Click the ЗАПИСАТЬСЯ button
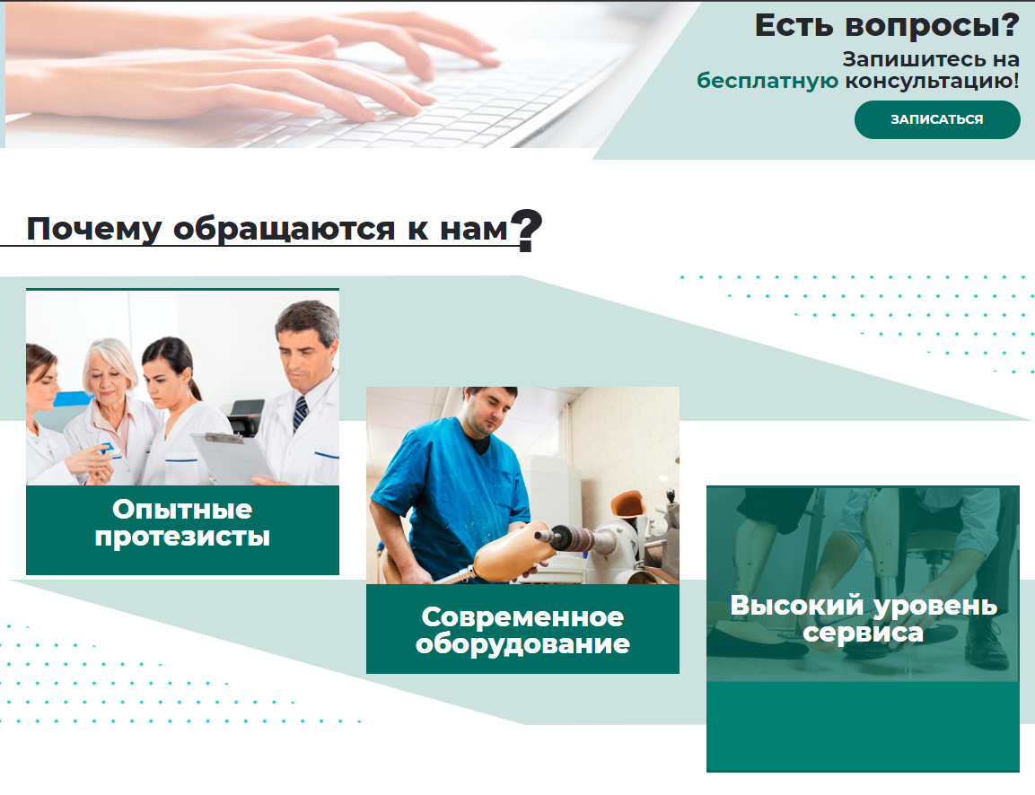tap(937, 119)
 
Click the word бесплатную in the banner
tap(767, 81)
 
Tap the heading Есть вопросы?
tap(887, 26)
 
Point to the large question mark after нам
tap(527, 231)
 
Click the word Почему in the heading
tap(93, 230)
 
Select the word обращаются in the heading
tap(284, 230)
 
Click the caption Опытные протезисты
tap(182, 522)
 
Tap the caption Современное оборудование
tap(522, 630)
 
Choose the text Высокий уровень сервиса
tap(864, 618)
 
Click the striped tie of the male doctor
tap(301, 413)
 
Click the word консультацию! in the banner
tap(932, 81)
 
